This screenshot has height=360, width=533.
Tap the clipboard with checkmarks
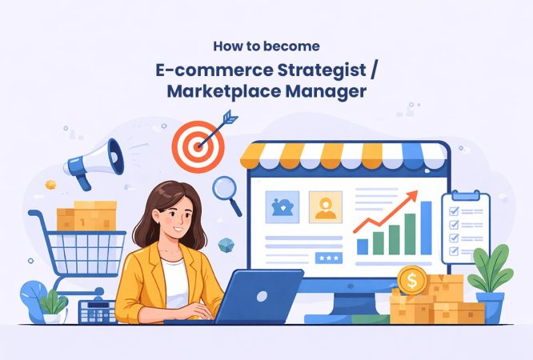[466, 226]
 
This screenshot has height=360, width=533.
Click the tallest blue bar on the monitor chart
[426, 227]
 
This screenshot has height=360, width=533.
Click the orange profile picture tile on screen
[326, 206]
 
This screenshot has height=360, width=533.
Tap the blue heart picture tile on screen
[282, 206]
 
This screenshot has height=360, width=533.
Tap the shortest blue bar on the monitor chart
[363, 246]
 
